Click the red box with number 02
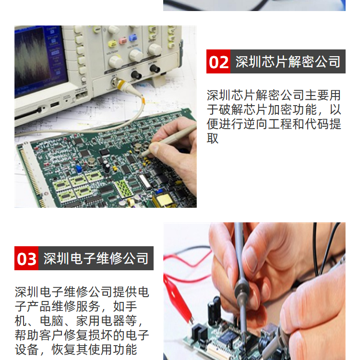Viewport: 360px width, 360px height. tap(218, 61)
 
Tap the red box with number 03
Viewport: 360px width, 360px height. tap(26, 258)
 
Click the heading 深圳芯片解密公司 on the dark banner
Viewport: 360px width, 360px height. tap(288, 61)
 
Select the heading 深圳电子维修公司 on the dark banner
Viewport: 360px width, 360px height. tap(96, 258)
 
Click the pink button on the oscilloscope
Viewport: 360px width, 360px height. tap(123, 41)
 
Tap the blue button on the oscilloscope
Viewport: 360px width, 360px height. tap(132, 37)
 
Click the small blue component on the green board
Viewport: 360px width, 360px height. tap(79, 169)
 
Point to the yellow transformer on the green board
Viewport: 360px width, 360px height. tap(164, 200)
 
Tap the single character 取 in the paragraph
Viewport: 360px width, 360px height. tap(213, 138)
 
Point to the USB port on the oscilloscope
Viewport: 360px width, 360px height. tap(55, 105)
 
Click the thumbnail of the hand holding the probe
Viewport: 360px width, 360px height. tap(254, 291)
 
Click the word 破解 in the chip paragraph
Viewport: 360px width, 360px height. tap(225, 110)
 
